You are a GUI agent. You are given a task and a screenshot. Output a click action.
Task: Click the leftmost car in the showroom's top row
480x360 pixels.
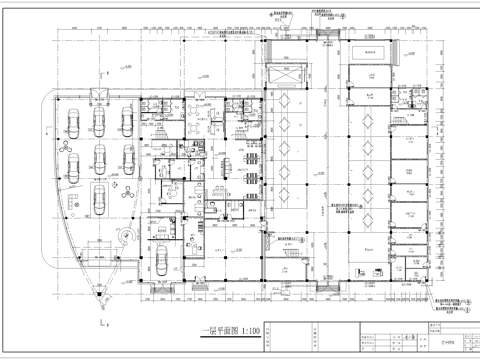[73, 120]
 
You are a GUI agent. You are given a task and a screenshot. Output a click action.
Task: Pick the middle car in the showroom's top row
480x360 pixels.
[100, 120]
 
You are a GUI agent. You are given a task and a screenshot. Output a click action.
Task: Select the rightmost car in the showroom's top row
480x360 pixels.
[127, 120]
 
